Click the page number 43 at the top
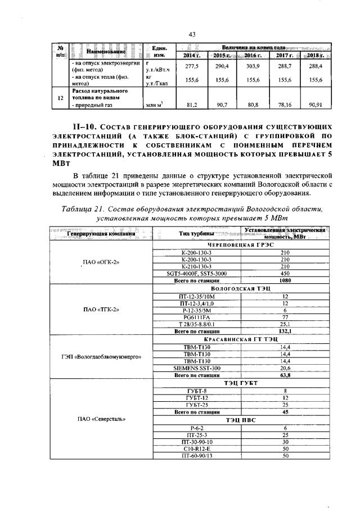(192, 35)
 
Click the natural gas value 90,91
(312, 105)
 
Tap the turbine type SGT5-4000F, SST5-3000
(197, 274)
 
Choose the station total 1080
(286, 280)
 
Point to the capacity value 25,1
(286, 324)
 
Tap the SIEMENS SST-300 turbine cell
(197, 368)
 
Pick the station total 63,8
(286, 375)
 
